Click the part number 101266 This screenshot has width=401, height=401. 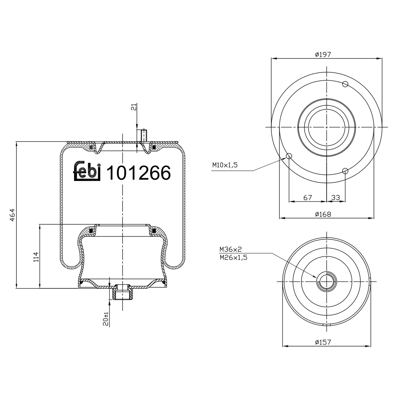138,173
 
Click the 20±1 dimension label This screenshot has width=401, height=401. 106,319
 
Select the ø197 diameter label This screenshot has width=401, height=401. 323,55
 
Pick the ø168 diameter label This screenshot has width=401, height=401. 323,214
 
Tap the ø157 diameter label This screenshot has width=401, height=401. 323,342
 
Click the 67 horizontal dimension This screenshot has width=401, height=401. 307,198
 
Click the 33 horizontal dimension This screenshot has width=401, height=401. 336,198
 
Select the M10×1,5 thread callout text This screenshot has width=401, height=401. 225,165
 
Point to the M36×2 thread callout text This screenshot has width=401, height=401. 230,249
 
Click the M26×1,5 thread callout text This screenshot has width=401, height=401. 233,257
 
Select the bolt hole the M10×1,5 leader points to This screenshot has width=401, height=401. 289,156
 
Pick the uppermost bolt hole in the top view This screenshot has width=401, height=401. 345,84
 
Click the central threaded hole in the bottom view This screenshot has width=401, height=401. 326,282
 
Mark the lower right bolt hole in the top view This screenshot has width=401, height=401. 345,171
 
